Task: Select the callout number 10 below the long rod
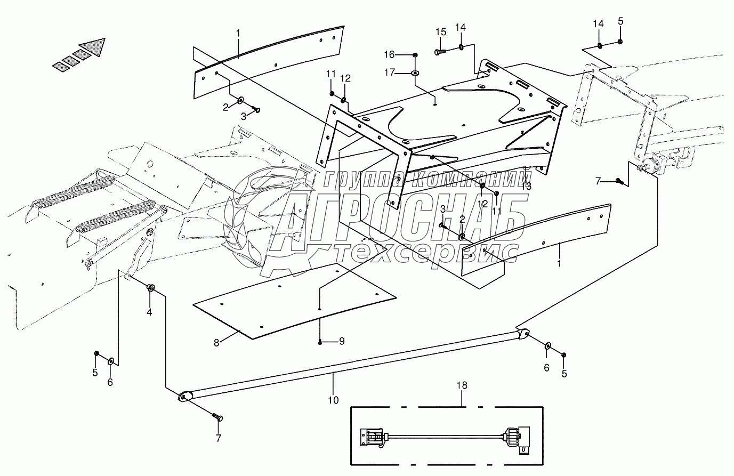333,399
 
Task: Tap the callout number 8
216,343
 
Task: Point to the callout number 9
342,341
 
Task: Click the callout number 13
527,186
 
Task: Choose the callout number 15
440,32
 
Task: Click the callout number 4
149,312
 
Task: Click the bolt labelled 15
440,52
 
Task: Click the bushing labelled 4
151,288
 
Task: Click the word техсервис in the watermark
421,252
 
